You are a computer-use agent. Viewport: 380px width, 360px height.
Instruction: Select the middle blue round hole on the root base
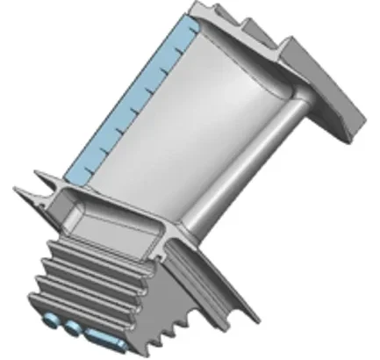(70, 327)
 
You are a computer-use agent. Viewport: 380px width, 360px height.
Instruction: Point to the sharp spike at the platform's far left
(18, 187)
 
